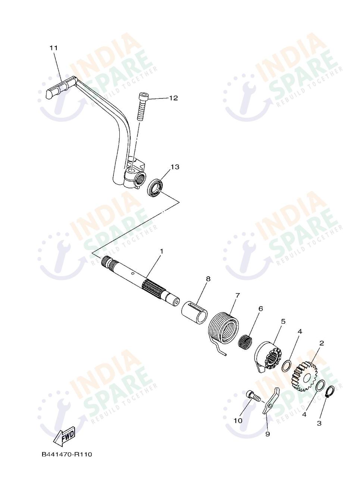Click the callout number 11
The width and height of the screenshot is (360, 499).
click(x=53, y=48)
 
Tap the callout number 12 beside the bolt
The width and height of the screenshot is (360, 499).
click(x=173, y=98)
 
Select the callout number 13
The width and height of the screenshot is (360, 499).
click(x=175, y=167)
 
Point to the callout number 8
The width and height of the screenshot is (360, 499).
click(x=208, y=279)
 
